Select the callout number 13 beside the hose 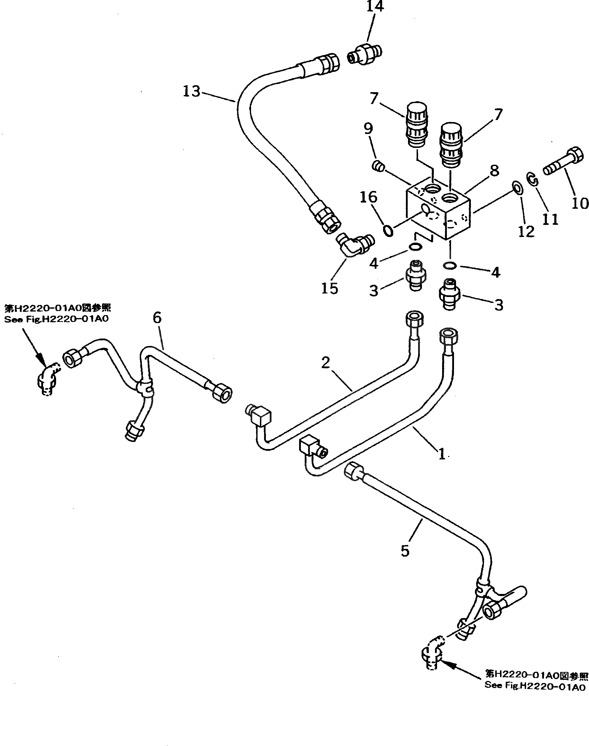192,91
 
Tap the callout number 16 369,197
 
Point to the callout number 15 330,288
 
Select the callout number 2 326,363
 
